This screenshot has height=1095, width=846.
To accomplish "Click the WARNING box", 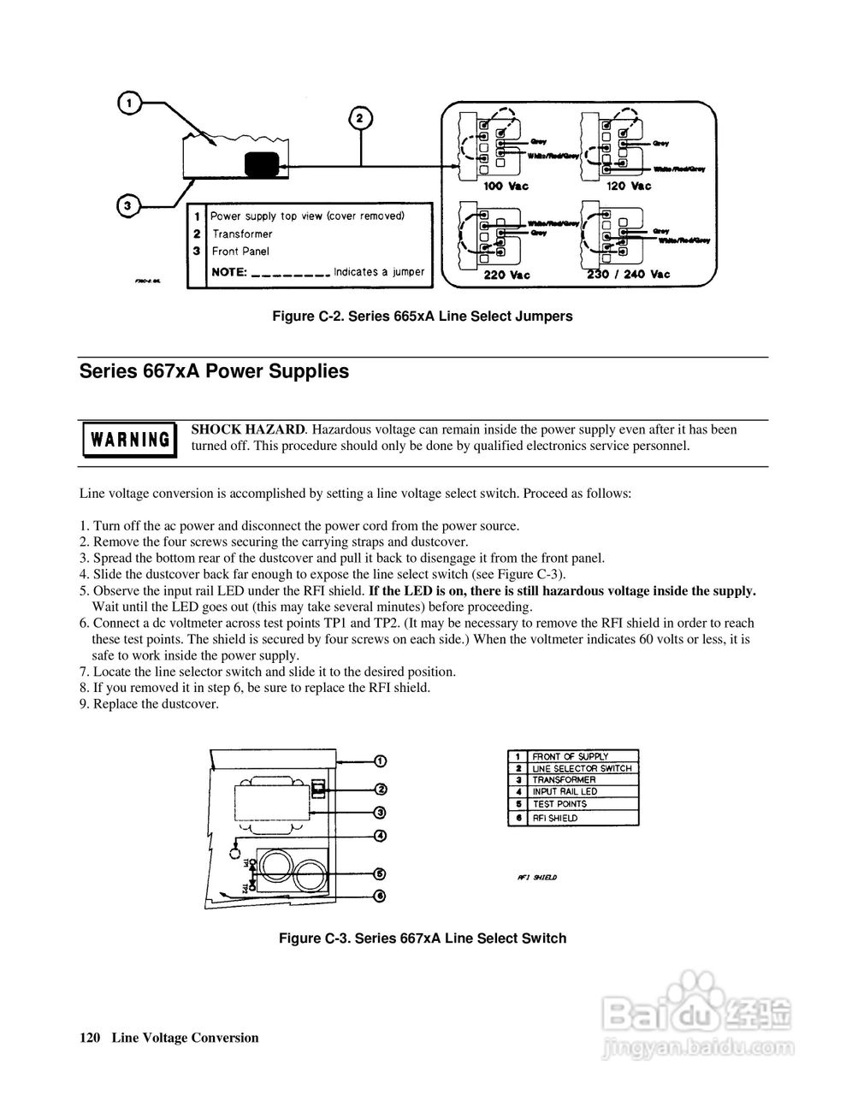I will pos(130,440).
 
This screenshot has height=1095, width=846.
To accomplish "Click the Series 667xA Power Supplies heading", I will pos(214,372).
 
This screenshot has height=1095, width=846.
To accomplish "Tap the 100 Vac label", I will pos(506,186).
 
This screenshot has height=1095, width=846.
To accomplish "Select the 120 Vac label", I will pos(629,186).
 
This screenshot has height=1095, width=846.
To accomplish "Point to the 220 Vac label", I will pos(506,275).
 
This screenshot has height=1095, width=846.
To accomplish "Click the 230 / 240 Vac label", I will pos(629,275).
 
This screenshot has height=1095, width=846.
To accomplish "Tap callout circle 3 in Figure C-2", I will pos(127,205).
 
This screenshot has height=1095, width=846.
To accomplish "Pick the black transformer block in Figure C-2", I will pos(262,164).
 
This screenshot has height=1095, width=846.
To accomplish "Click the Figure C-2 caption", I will pos(422,317).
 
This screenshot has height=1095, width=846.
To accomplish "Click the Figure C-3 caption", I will pos(423,938).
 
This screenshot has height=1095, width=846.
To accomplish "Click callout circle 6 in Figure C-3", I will pos(380,896).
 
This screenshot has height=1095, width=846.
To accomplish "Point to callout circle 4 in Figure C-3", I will pos(380,836).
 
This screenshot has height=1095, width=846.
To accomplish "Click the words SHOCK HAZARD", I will pos(248,429).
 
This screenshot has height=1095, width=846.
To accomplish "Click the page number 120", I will pos(90,1038).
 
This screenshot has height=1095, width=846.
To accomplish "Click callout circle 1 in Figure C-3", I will pos(380,761).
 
